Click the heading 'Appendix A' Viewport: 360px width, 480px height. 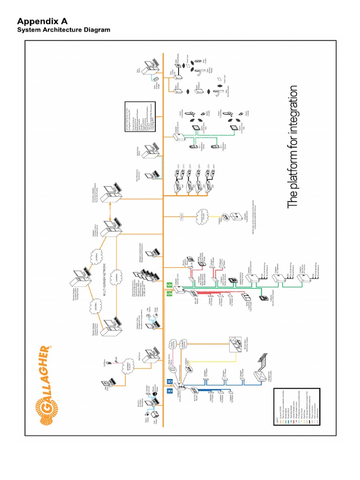point(42,21)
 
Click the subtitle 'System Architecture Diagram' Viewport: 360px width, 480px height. point(64,30)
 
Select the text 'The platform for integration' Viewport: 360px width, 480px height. point(292,147)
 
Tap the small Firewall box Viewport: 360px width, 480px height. point(182,217)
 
